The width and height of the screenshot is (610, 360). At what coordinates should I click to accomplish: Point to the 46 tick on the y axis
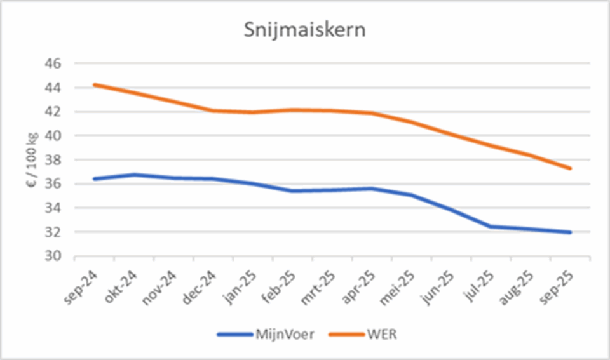coord(53,64)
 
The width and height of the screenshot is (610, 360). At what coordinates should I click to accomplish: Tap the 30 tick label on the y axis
coord(53,257)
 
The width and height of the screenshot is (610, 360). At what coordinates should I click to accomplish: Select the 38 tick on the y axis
coord(53,160)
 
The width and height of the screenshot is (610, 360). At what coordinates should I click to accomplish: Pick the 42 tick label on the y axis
coord(53,112)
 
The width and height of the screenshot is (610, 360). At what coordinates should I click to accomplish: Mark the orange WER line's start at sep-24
coord(94,84)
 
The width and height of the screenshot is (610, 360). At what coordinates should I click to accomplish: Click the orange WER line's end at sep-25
coord(571,168)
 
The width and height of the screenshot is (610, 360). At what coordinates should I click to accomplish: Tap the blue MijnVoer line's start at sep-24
coord(94,179)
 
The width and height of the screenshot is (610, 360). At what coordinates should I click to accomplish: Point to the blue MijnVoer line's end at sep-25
coord(571,232)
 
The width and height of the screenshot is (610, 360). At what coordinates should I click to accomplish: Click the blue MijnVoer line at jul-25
coord(491,227)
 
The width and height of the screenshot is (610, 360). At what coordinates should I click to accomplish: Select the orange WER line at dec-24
coord(213,110)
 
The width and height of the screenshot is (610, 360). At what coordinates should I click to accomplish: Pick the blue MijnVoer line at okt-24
coord(134,175)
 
